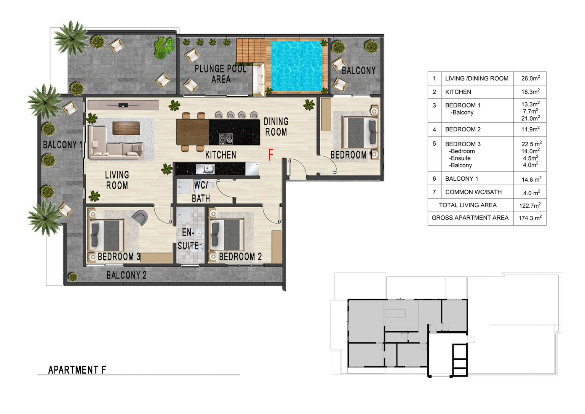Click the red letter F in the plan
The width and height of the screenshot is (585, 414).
coord(271,154)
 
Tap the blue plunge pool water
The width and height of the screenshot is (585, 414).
coord(297,66)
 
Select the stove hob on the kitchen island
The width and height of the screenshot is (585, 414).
coord(225,138)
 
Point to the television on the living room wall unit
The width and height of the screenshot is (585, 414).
coord(123,105)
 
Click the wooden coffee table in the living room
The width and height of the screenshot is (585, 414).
coord(126,128)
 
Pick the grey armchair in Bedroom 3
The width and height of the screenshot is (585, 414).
coord(140,217)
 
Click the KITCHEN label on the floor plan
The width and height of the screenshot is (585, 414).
coord(221,155)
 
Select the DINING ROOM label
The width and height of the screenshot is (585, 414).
coord(276,127)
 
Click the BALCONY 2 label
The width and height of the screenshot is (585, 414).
coord(126,275)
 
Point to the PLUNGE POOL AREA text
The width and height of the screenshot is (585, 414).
coord(221,74)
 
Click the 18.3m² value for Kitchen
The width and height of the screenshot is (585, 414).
coord(531,92)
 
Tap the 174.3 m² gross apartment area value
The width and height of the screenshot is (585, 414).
coord(530,218)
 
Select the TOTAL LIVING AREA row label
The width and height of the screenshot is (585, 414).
coord(467,205)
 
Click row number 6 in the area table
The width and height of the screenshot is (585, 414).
coord(434,178)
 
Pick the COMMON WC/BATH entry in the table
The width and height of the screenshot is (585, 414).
coord(473,192)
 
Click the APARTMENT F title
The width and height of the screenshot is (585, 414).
coord(77,370)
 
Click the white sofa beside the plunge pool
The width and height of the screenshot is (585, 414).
coord(259,79)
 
